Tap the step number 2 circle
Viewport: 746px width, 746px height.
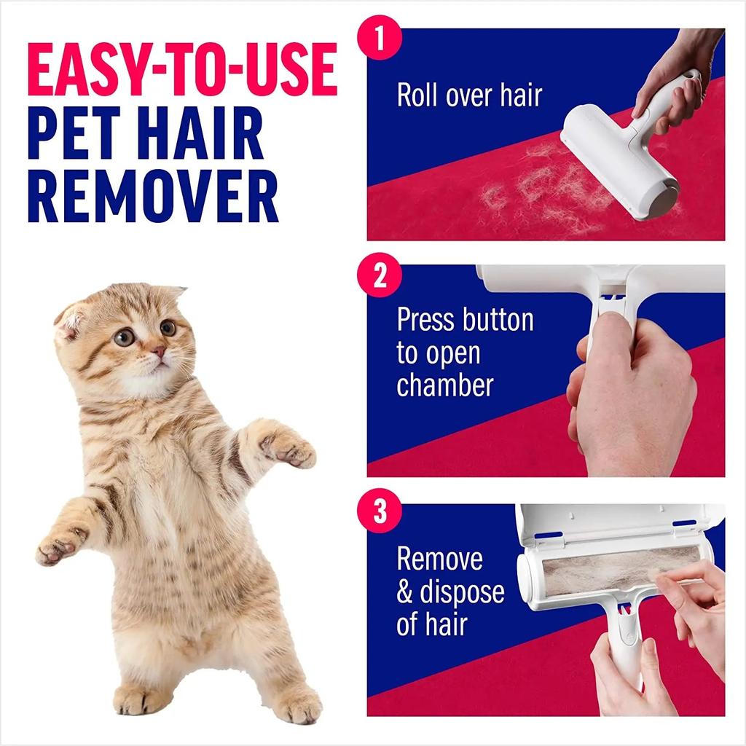tap(380, 278)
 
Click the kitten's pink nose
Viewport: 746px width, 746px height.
tap(158, 352)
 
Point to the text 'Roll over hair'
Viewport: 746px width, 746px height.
tap(469, 95)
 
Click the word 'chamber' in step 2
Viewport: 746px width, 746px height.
tap(444, 385)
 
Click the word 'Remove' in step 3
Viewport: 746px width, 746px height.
tap(439, 559)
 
